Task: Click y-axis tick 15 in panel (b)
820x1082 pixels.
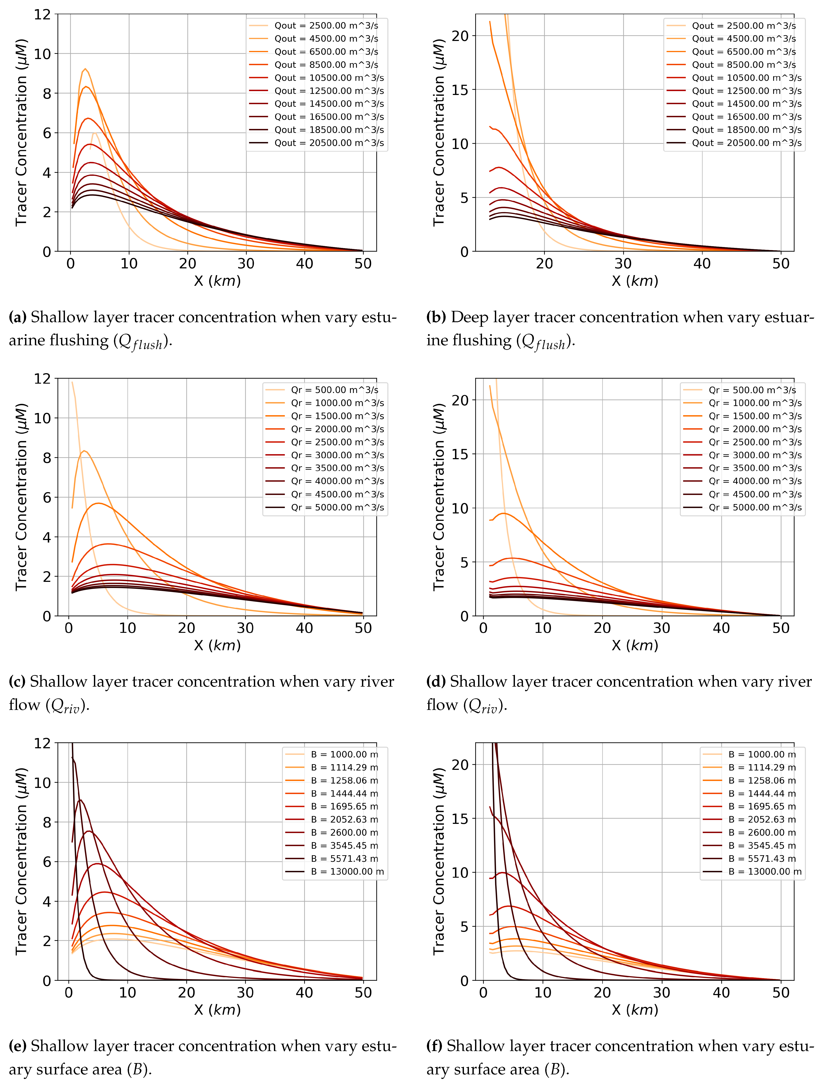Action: click(460, 90)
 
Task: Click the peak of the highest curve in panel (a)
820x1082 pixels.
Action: click(85, 69)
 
